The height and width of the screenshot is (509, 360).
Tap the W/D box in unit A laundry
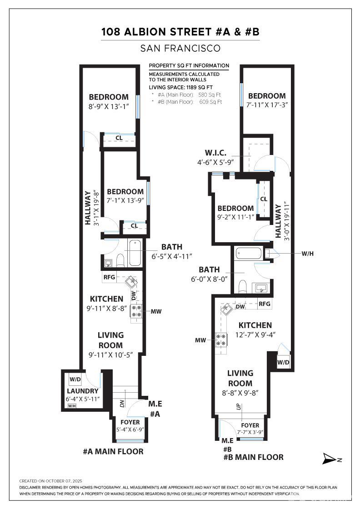[75, 379]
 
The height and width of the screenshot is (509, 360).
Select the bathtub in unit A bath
[135, 253]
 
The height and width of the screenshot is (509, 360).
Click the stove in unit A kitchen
[136, 311]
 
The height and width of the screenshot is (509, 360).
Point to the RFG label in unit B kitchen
[264, 304]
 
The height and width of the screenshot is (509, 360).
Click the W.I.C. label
[215, 153]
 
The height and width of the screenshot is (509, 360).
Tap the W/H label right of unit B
[307, 254]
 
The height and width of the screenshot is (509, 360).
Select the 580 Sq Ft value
[210, 95]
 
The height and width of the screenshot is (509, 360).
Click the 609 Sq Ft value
[210, 102]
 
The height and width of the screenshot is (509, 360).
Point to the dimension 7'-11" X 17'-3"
[267, 105]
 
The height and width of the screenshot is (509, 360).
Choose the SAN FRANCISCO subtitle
[180, 48]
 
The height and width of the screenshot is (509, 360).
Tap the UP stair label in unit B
[239, 406]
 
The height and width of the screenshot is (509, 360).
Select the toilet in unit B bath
[243, 287]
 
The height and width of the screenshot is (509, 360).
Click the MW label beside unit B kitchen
[200, 340]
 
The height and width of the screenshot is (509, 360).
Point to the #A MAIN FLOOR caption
[113, 452]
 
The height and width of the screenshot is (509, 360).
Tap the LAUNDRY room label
[82, 391]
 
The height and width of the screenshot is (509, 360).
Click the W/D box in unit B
[283, 362]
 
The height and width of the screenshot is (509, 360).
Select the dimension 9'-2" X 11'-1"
[235, 217]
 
